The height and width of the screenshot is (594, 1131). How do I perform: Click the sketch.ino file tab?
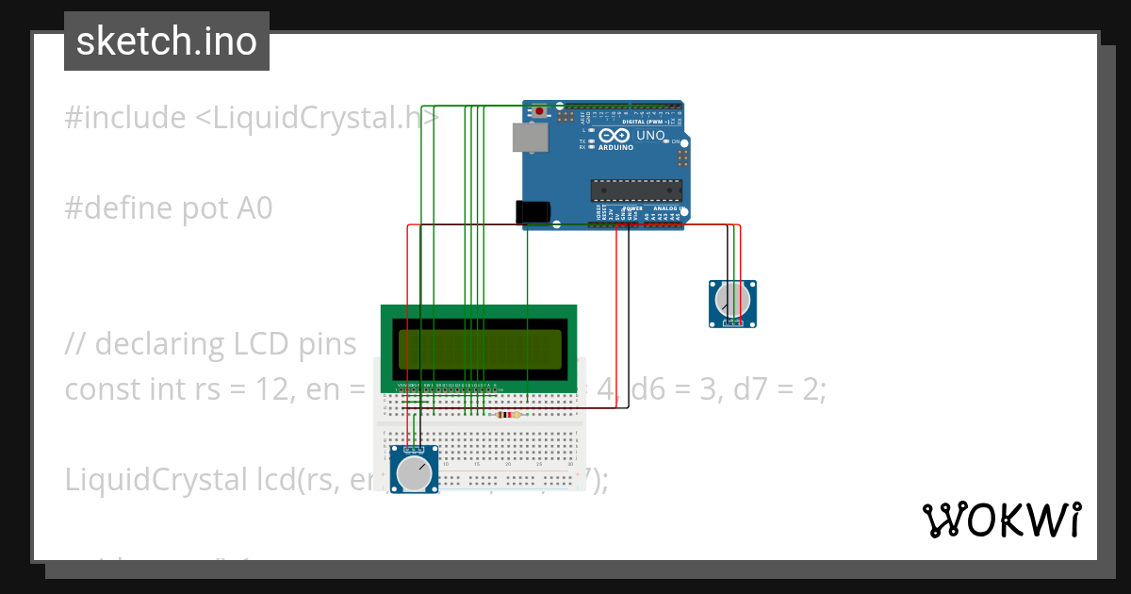tap(167, 41)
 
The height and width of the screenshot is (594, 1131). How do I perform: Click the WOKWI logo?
tap(1001, 520)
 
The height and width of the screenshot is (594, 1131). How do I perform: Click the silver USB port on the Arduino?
tap(529, 138)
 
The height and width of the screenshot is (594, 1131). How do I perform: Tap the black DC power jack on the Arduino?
tap(533, 212)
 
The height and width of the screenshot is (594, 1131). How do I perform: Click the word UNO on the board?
tap(651, 136)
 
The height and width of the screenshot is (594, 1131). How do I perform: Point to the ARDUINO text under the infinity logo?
tap(615, 148)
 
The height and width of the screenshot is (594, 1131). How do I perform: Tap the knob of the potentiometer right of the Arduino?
tap(732, 301)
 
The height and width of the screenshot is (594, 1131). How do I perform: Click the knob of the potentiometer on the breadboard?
tap(415, 472)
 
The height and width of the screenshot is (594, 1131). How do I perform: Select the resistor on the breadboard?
tap(508, 414)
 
